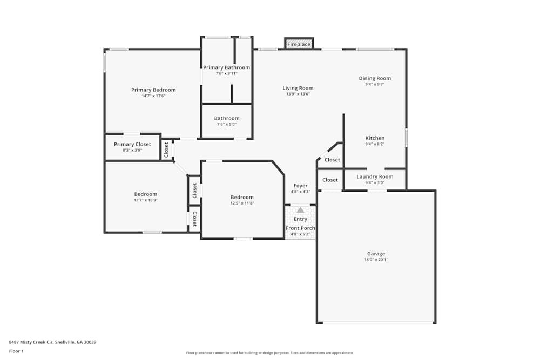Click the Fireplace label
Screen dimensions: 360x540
click(x=299, y=44)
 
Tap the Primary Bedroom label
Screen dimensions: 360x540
click(x=153, y=90)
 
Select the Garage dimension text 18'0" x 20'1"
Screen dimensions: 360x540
click(x=376, y=260)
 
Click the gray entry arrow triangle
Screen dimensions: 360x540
click(x=300, y=210)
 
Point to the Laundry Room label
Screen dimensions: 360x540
click(x=375, y=176)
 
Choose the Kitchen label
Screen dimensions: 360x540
click(x=375, y=138)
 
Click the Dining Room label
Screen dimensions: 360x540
click(x=375, y=78)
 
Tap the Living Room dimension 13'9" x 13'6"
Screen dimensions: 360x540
click(x=298, y=94)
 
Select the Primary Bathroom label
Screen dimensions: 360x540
click(x=226, y=67)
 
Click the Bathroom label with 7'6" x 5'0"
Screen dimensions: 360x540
click(x=226, y=118)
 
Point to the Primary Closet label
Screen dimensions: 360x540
click(x=132, y=144)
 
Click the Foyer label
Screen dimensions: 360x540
click(x=300, y=186)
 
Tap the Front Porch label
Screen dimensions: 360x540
click(x=300, y=228)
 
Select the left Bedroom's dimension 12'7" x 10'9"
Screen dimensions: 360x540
click(x=146, y=200)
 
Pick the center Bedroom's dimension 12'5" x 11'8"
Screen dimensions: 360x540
click(x=242, y=203)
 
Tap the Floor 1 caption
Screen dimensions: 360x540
click(x=16, y=351)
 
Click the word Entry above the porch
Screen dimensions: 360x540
click(x=300, y=219)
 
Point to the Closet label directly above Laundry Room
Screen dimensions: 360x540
click(x=332, y=160)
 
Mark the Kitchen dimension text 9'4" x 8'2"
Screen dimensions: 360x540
click(x=375, y=144)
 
